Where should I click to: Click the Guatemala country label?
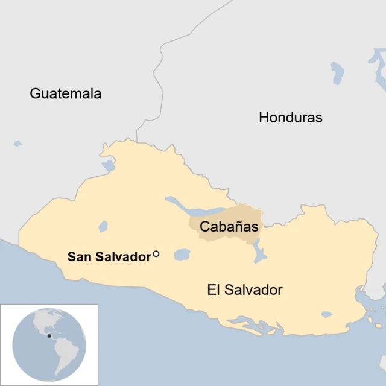click(66, 93)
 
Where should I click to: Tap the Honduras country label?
click(290, 117)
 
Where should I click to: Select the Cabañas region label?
click(229, 227)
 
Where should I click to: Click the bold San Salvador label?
click(109, 257)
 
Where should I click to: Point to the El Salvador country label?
click(244, 290)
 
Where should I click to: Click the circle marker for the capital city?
click(156, 255)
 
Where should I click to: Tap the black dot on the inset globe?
click(49, 335)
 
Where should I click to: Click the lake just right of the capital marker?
click(182, 255)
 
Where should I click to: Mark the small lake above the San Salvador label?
click(103, 227)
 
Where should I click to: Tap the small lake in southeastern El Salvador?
click(326, 314)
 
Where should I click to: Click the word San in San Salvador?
click(79, 257)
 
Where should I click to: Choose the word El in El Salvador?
click(214, 290)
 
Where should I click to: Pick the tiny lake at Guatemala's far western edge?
click(17, 144)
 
